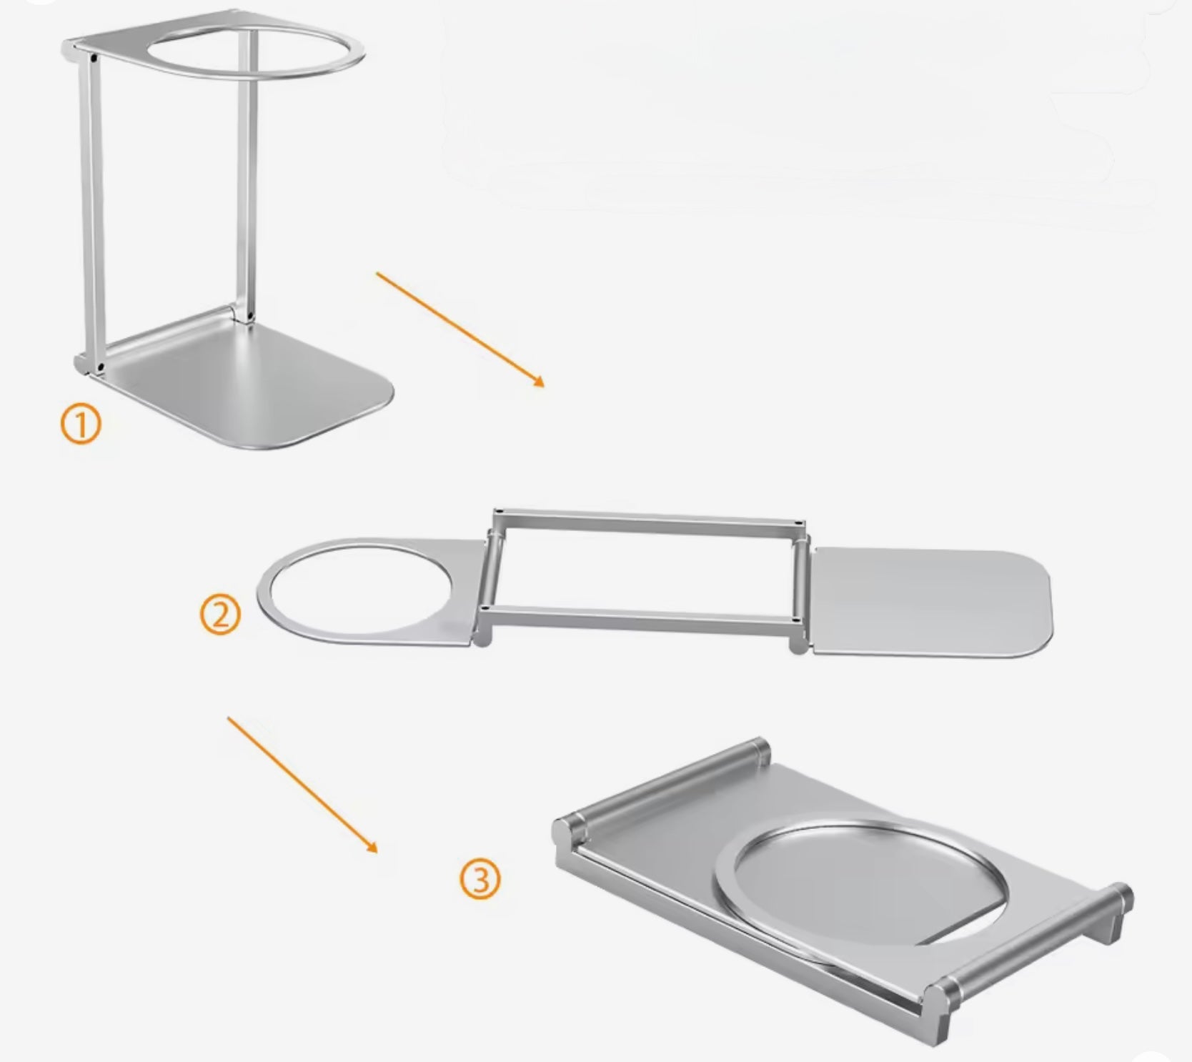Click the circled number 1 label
pyautogui.click(x=81, y=425)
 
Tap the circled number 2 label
pyautogui.click(x=220, y=615)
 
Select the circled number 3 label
pyautogui.click(x=480, y=880)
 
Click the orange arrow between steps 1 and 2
pyautogui.click(x=460, y=329)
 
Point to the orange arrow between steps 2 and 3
pyautogui.click(x=302, y=785)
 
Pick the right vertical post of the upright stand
pyautogui.click(x=243, y=172)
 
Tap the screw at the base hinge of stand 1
pyautogui.click(x=100, y=366)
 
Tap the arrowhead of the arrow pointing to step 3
pyautogui.click(x=371, y=847)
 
